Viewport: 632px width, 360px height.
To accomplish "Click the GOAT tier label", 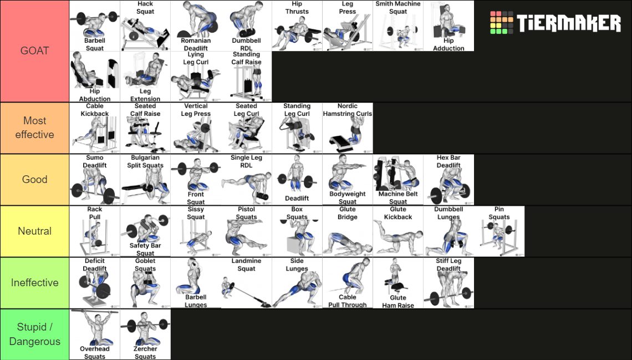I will click(34, 51).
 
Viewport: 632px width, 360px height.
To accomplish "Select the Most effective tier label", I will click(34, 128).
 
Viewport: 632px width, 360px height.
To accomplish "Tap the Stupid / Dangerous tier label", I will click(34, 334).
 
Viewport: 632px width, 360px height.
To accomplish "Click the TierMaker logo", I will click(555, 23).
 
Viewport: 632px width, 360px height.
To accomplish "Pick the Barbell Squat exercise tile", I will click(94, 26).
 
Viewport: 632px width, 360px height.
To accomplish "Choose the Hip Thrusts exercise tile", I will click(297, 26).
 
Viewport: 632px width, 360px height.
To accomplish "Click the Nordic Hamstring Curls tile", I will click(347, 128).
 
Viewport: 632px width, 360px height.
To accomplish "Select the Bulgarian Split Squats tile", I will click(145, 179).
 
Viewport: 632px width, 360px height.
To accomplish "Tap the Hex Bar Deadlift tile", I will click(448, 179).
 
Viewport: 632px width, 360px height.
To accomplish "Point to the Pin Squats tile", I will click(499, 231).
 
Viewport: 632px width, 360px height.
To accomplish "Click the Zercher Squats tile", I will click(145, 334).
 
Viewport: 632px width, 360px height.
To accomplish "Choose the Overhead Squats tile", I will click(94, 334).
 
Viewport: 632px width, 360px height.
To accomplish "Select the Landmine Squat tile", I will click(246, 283).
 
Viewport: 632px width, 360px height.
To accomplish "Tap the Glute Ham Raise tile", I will click(397, 283).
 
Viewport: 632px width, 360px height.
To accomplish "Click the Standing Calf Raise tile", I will click(246, 77).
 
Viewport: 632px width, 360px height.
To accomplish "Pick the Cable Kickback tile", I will click(94, 128).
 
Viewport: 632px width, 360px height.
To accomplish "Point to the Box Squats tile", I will click(297, 231).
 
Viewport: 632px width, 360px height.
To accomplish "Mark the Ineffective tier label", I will click(34, 283).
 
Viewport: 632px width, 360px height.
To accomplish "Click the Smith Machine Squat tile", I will click(397, 26).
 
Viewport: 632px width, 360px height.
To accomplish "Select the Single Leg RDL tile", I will click(246, 179).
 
